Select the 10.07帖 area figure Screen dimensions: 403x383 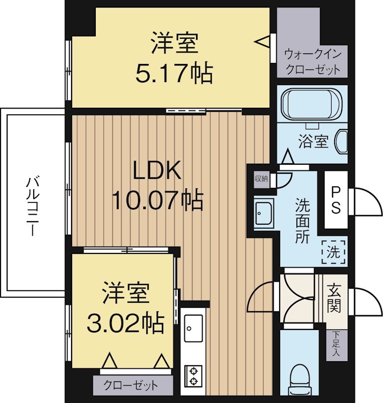point(157,200)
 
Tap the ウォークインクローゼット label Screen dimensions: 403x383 point(312,61)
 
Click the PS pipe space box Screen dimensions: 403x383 point(336,200)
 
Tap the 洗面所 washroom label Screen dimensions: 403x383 point(302,222)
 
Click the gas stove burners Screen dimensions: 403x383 point(193,375)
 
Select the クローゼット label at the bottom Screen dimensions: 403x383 point(131,386)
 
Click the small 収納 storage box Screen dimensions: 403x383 point(261,178)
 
